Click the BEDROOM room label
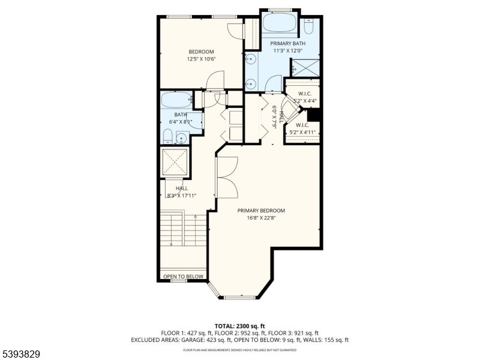(x=201, y=52)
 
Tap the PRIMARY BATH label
(x=288, y=44)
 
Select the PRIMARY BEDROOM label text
(x=260, y=211)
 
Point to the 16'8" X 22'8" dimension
(x=260, y=218)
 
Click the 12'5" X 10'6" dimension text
(x=201, y=59)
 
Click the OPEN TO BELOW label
(x=183, y=277)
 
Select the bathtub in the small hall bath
(x=176, y=100)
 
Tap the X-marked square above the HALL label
(x=176, y=161)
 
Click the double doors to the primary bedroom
(x=227, y=176)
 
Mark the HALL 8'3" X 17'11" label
(x=181, y=191)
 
